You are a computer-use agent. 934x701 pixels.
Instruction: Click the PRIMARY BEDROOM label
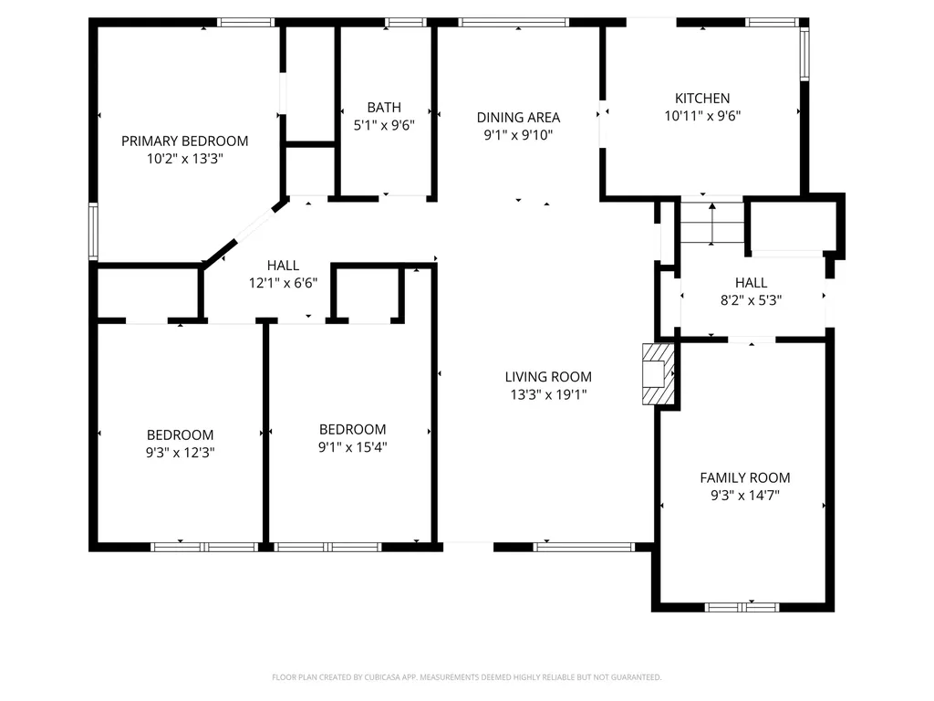tap(185, 141)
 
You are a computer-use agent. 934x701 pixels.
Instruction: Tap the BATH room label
tap(384, 107)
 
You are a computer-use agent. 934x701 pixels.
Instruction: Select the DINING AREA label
tap(518, 117)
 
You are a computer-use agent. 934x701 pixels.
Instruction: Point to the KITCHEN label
tap(702, 98)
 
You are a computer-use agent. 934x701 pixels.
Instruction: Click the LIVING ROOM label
tap(548, 376)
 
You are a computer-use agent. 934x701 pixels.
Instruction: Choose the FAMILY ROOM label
tap(745, 477)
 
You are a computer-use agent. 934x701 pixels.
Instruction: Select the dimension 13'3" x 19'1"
tap(548, 394)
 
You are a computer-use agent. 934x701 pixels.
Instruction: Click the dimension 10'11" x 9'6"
tap(702, 116)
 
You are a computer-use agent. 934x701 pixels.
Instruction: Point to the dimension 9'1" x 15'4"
tap(352, 447)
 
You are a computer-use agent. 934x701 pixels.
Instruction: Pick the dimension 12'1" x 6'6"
tap(283, 283)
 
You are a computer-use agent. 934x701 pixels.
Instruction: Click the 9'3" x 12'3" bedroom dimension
tap(181, 452)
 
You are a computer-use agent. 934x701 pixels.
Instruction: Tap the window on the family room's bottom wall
tap(742, 606)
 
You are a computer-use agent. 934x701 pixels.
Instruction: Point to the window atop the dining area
tap(514, 22)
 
